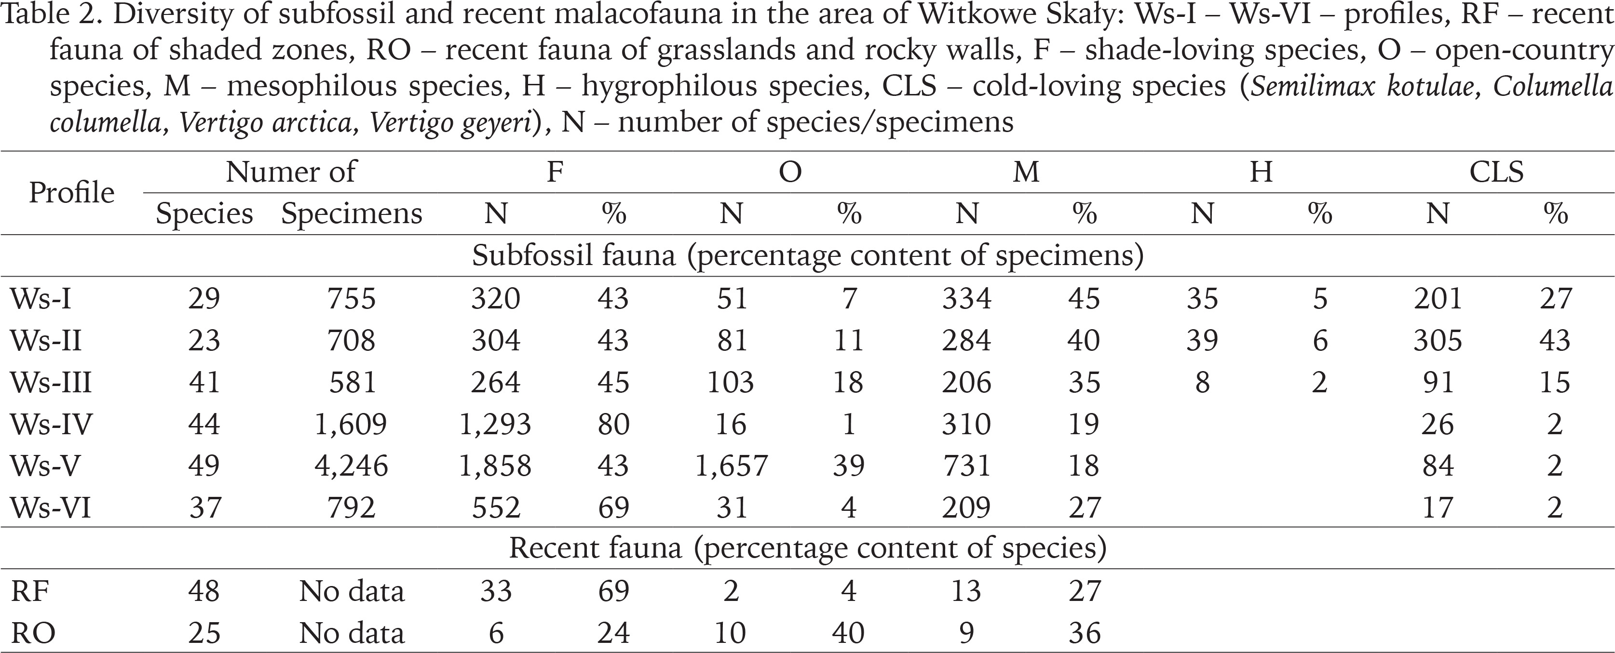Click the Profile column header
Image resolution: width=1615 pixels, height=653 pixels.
pyautogui.click(x=71, y=192)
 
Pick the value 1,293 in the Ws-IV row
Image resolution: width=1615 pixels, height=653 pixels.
pyautogui.click(x=495, y=424)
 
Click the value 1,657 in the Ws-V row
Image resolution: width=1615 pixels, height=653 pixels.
pyautogui.click(x=731, y=466)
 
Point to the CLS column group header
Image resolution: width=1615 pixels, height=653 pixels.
pyautogui.click(x=1496, y=171)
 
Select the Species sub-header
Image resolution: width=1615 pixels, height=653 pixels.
pyautogui.click(x=204, y=213)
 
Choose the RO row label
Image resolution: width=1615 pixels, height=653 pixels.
pyautogui.click(x=33, y=633)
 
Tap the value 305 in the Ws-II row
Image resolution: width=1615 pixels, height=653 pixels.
pyautogui.click(x=1438, y=340)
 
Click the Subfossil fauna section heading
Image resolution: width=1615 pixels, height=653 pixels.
pyautogui.click(x=807, y=256)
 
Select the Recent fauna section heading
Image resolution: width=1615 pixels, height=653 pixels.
pyautogui.click(x=807, y=548)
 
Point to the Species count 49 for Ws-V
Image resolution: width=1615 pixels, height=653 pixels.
pyautogui.click(x=204, y=466)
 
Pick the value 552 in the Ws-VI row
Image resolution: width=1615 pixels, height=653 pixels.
pyautogui.click(x=495, y=507)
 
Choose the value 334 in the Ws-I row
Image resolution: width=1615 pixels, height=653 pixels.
pyautogui.click(x=966, y=298)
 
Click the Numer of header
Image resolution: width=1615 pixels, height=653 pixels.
pyautogui.click(x=290, y=171)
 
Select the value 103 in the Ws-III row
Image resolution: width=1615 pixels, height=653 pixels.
pyautogui.click(x=731, y=382)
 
